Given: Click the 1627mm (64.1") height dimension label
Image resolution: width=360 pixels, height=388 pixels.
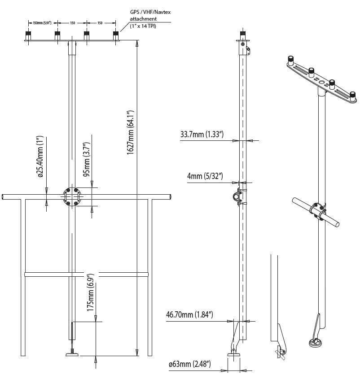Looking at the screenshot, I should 131,133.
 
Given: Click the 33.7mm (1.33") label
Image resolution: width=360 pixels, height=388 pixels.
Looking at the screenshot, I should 202,134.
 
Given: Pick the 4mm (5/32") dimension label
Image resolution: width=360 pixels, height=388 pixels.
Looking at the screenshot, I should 205,175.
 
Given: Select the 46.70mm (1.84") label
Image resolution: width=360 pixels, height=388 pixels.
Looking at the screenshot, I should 189,315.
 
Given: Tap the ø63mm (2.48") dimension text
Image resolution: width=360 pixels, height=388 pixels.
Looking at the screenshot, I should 189,364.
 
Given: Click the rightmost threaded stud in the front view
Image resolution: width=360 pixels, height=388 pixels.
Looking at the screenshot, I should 116,35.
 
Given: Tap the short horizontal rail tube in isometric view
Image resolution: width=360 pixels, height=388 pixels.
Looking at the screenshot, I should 316,212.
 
